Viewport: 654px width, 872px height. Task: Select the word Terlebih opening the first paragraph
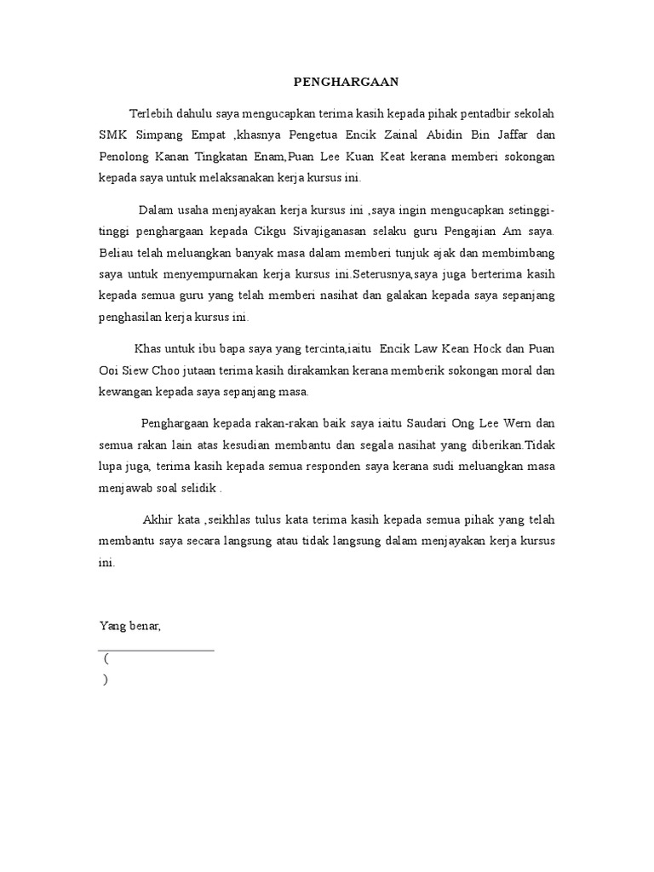tap(151, 114)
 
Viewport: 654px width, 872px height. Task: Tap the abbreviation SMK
tap(113, 136)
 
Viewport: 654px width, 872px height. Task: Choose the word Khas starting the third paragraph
tap(148, 348)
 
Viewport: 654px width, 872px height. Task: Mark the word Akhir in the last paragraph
tap(158, 519)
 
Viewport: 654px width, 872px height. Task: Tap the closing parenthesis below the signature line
tap(105, 680)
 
